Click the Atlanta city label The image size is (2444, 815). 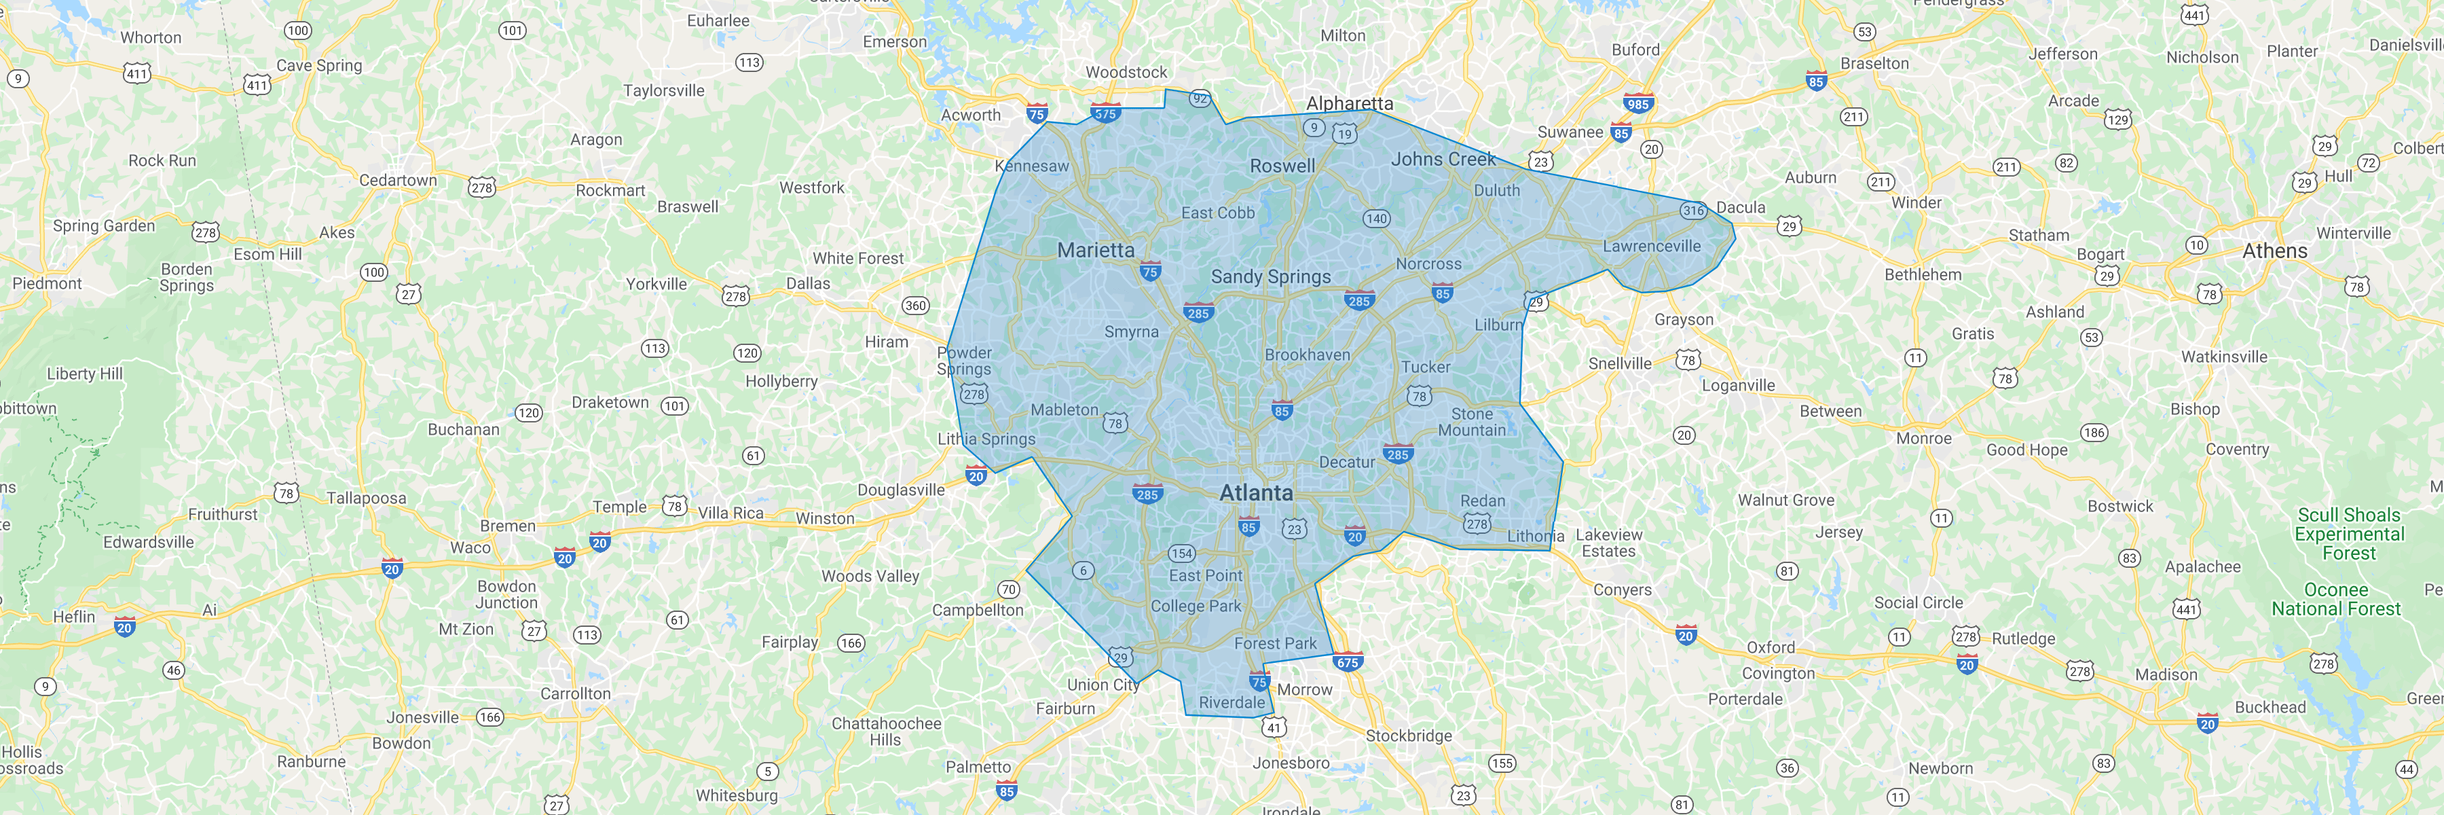click(1255, 492)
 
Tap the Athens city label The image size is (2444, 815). click(2274, 251)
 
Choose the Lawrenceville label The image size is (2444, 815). click(1651, 247)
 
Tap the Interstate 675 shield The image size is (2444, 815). click(1347, 662)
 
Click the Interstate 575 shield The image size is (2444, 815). click(1105, 113)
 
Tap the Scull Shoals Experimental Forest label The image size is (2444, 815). click(2348, 533)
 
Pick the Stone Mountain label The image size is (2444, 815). click(1472, 422)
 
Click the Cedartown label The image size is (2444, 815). click(398, 180)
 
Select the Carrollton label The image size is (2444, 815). click(575, 693)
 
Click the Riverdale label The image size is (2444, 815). click(1232, 703)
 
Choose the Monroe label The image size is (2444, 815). click(1923, 438)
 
